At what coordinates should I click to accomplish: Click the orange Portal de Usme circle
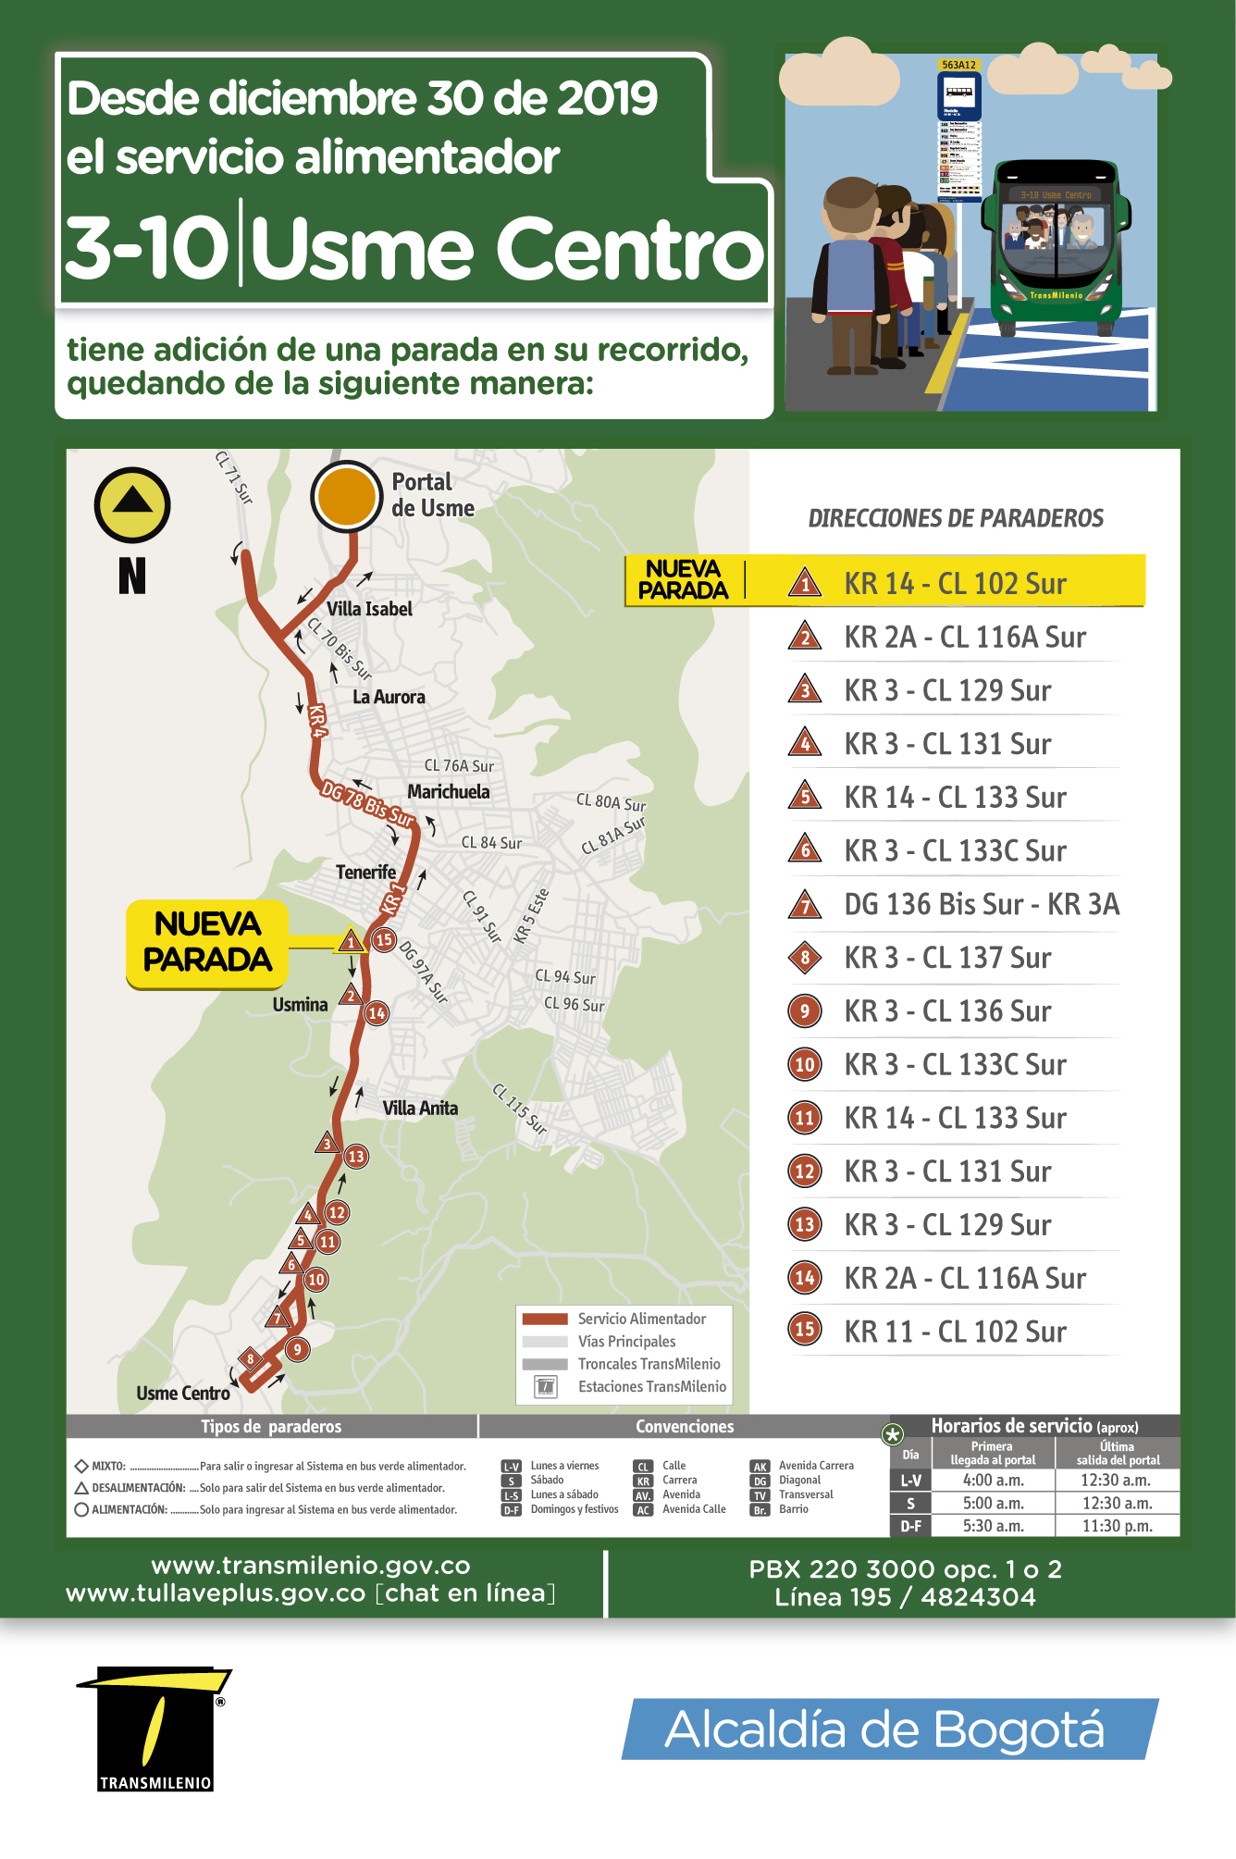pos(346,496)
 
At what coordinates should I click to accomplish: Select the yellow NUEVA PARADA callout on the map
pos(207,942)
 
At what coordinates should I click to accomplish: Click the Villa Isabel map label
pos(369,609)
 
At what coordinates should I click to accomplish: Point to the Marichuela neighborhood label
pos(449,791)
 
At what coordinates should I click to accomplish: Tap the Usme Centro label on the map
pos(183,1394)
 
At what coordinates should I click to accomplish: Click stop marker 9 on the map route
pos(297,1349)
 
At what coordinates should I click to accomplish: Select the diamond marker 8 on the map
pos(250,1359)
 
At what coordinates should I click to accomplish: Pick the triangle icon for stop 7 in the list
pos(805,904)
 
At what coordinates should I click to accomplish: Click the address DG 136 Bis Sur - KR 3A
pos(982,904)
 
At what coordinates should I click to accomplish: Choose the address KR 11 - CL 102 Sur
pos(956,1332)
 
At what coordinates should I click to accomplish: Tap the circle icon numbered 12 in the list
pos(805,1171)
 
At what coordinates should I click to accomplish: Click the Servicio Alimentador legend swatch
pos(545,1319)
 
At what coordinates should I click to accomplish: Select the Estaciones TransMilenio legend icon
pos(546,1386)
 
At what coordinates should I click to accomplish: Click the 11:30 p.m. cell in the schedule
pos(1118,1526)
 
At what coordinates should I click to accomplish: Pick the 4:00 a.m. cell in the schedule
pos(993,1481)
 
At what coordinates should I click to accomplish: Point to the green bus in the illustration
pos(1056,245)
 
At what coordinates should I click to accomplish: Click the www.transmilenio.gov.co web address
pos(311,1566)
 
